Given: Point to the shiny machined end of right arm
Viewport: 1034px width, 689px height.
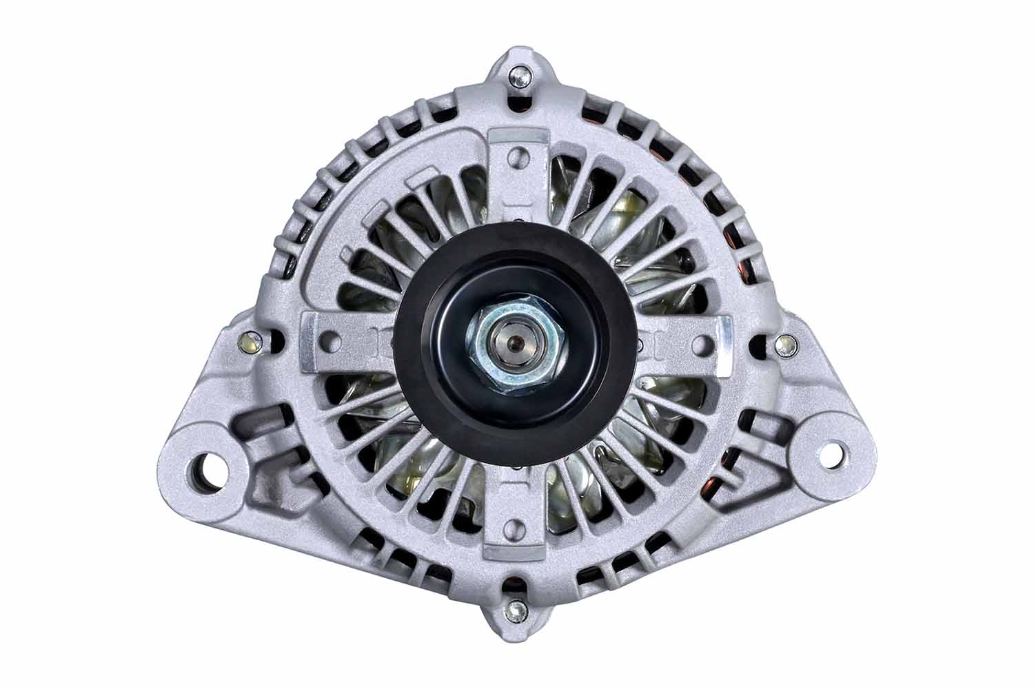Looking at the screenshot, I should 724,344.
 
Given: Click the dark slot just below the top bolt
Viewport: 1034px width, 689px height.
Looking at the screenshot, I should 518,103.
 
